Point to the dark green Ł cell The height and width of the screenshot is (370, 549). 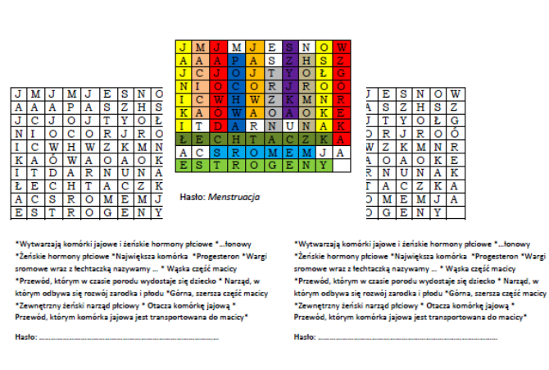click(x=182, y=140)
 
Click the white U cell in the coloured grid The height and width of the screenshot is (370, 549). click(x=293, y=127)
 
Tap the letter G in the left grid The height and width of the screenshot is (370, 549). click(x=95, y=212)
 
